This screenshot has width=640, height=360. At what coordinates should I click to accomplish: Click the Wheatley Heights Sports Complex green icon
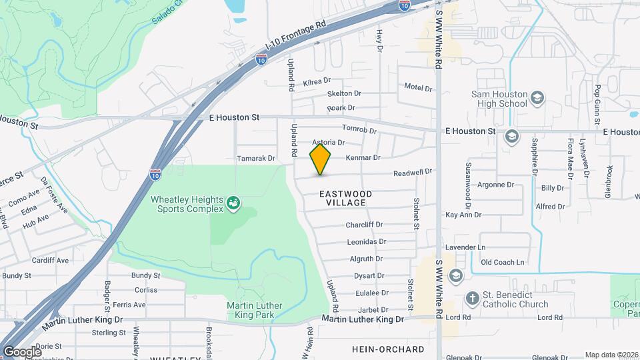coord(233,202)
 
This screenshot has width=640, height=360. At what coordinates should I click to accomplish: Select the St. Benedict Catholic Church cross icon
coord(471,297)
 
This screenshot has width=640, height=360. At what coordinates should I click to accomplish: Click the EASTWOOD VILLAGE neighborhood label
coord(345,198)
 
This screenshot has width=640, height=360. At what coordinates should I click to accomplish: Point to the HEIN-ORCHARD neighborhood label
coord(388,349)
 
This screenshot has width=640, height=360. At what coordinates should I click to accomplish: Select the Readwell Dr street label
coord(413,171)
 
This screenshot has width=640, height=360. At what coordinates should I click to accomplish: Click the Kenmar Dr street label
coord(363,158)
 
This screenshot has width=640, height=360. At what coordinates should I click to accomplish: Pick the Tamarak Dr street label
coord(256,159)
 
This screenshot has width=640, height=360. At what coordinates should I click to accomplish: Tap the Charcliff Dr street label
coord(364,225)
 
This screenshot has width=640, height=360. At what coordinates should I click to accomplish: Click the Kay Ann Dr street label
coord(463,215)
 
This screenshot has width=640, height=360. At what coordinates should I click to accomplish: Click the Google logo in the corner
coord(21,351)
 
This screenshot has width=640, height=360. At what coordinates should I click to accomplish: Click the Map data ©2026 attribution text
coord(611,355)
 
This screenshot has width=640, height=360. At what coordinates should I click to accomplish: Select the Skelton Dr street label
coord(344,94)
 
